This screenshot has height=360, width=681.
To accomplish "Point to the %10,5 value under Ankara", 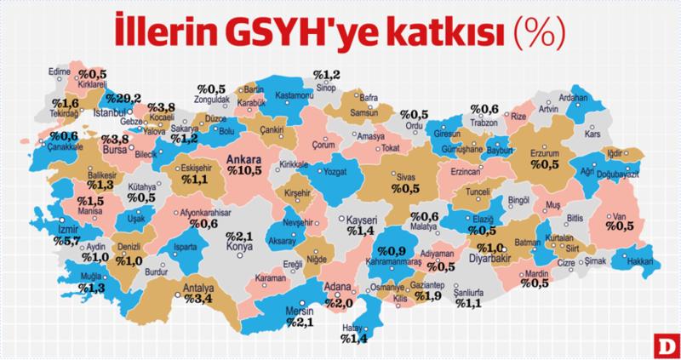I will tap(246, 170).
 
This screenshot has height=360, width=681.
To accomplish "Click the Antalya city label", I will tap(200, 288).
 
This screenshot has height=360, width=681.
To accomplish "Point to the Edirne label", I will tap(59, 73).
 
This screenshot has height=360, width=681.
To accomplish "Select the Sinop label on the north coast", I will tap(326, 86).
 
